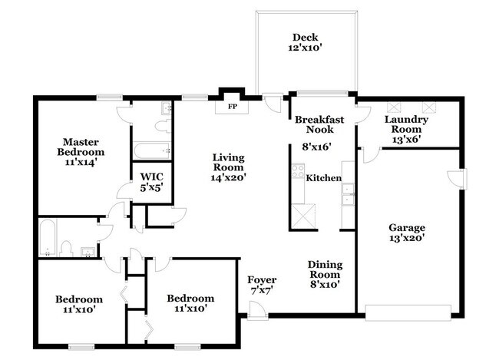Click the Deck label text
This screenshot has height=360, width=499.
tap(305, 38)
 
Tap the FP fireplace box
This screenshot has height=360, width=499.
tap(233, 107)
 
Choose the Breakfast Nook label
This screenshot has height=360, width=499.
tap(319, 124)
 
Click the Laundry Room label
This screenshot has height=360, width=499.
tap(406, 124)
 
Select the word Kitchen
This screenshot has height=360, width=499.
tap(323, 178)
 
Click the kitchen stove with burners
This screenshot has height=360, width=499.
tap(297, 173)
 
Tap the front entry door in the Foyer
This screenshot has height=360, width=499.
tap(255, 309)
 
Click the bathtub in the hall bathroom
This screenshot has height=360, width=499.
tap(46, 236)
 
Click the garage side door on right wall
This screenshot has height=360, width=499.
tap(458, 177)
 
